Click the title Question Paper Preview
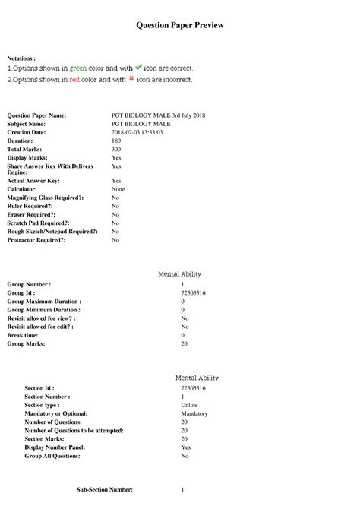click(180, 25)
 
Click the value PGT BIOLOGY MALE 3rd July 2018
click(158, 115)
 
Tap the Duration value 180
click(116, 141)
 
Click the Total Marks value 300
click(116, 149)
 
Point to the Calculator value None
click(118, 189)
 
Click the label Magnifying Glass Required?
click(46, 198)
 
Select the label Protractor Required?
click(36, 240)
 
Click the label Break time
click(25, 335)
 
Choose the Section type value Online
click(190, 405)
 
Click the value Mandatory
click(195, 413)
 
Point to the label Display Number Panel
click(59, 447)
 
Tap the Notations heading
click(21, 58)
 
